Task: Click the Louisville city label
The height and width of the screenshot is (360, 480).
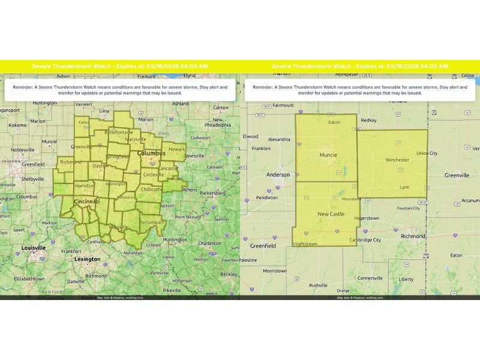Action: (34, 248)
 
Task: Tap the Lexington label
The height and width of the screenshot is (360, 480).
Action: (87, 259)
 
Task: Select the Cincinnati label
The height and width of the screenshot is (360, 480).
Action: (86, 202)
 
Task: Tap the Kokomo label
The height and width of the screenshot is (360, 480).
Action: (19, 125)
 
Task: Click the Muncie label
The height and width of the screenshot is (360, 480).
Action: (328, 155)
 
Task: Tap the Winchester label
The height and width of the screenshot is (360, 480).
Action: (397, 160)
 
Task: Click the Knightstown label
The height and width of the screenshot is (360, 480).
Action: (305, 245)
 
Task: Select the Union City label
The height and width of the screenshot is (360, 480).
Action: (427, 154)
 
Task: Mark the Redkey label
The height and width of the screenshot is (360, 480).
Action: (368, 121)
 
